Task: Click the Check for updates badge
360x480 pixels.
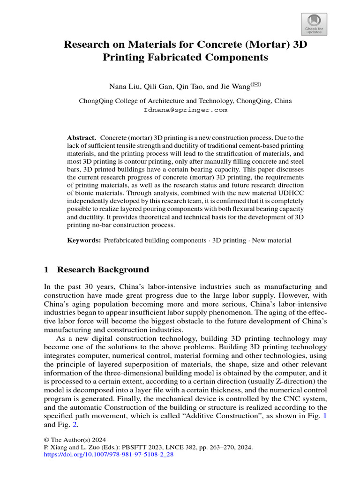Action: [x=313, y=24]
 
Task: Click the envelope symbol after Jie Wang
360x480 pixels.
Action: [x=256, y=84]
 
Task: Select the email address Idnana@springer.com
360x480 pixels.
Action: [x=185, y=110]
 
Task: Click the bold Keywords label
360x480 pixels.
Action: [x=84, y=240]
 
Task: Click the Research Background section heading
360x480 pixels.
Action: [x=103, y=270]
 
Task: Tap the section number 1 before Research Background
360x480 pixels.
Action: [x=46, y=270]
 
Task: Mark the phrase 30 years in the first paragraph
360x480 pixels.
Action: [x=102, y=286]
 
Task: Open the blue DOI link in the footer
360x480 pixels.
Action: [x=108, y=455]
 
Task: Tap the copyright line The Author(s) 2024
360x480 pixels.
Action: [x=75, y=440]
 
